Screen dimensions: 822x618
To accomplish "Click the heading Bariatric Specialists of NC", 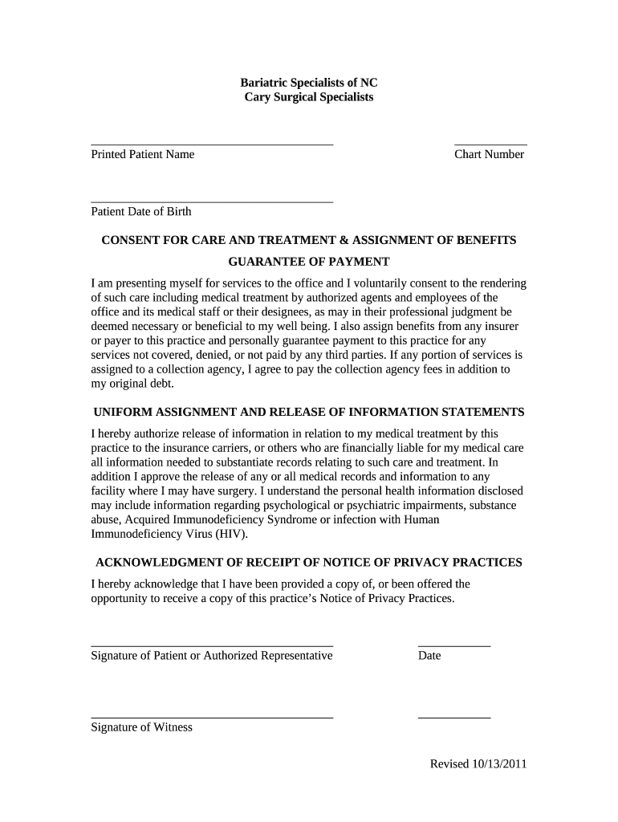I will tap(309, 83).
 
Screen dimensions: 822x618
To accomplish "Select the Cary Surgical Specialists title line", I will tap(309, 97).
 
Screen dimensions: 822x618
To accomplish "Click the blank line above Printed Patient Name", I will tap(212, 144).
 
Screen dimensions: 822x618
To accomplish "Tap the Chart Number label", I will tap(489, 154).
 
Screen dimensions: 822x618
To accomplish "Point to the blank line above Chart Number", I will tap(490, 144).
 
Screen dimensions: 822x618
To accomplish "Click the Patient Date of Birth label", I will tap(141, 212).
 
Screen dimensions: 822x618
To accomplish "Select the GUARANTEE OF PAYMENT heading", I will tap(309, 262).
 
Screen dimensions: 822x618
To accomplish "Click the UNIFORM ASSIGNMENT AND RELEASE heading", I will tap(309, 412).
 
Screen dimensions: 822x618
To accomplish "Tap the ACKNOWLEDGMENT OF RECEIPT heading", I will tap(309, 562).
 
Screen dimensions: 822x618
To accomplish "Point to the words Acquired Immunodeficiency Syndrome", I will tap(222, 519).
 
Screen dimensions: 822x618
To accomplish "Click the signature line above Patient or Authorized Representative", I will tap(212, 645).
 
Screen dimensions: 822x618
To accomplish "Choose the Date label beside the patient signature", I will tap(429, 656).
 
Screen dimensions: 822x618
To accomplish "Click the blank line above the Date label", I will tap(454, 645).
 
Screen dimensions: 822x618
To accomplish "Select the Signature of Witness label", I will tap(141, 727).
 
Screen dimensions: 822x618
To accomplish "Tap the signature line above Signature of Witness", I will tap(212, 718).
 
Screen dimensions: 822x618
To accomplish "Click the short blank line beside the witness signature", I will tap(454, 718).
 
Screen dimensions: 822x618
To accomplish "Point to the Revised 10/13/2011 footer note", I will tap(478, 764).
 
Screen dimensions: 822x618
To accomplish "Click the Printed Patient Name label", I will tap(142, 154).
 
